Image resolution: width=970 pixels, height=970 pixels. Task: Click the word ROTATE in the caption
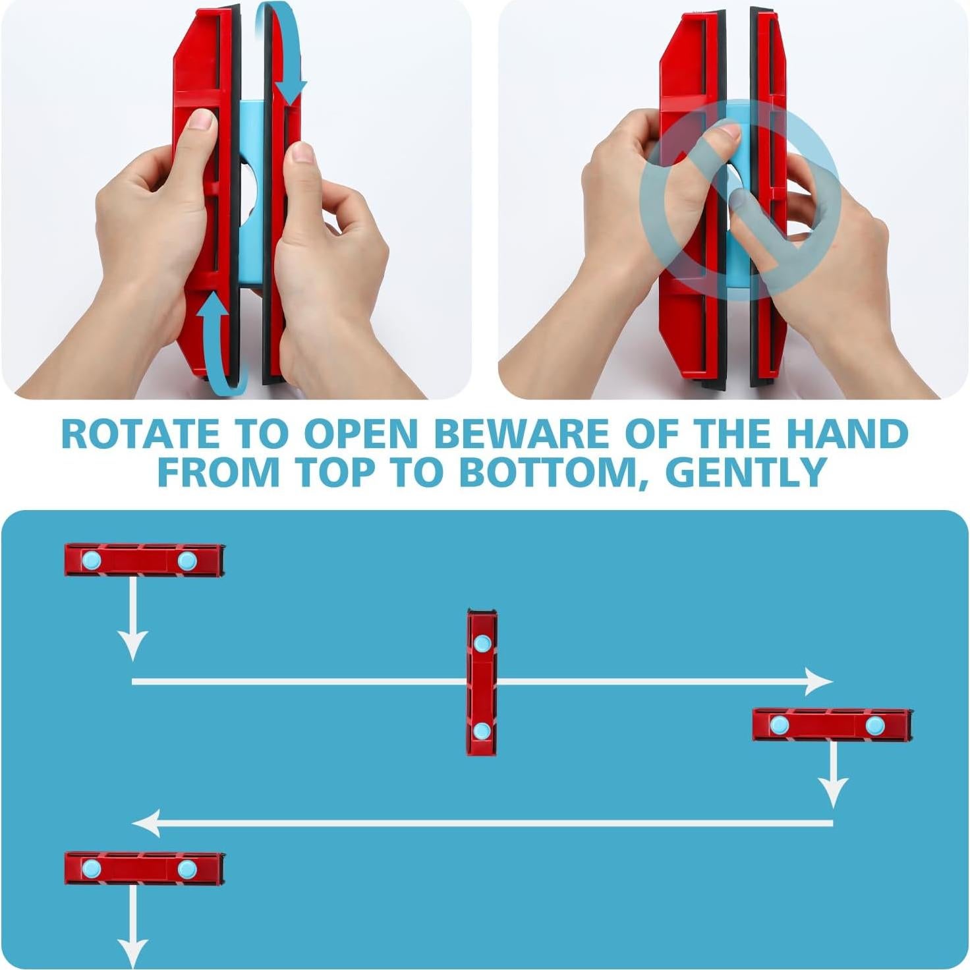[x=140, y=434]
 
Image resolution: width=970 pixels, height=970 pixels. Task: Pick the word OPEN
[x=361, y=434]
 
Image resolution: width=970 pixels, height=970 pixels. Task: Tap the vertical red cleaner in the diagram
[x=482, y=682]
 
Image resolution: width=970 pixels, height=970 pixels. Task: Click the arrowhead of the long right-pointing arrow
[x=820, y=681]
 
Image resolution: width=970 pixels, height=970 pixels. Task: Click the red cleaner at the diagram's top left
[x=144, y=560]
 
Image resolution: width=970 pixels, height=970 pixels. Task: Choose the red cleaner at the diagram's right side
[x=832, y=725]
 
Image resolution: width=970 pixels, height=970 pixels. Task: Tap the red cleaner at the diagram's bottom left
[x=144, y=869]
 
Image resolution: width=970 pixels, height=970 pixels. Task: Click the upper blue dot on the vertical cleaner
[x=482, y=644]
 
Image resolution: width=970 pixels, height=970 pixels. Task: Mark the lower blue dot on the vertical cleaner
[x=482, y=731]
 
